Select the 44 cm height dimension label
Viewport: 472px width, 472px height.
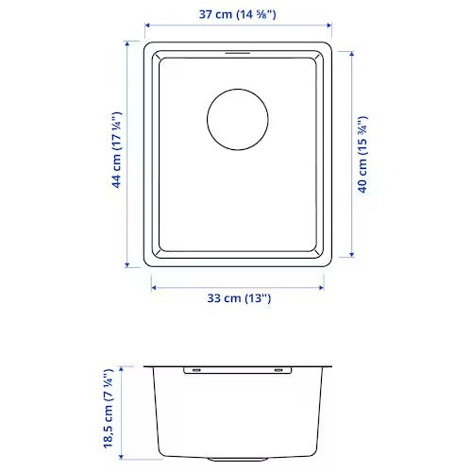(x=116, y=150)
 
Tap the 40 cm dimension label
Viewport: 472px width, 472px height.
(x=363, y=154)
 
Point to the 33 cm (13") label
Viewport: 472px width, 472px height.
(x=239, y=298)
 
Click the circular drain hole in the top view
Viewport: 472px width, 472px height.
(x=238, y=118)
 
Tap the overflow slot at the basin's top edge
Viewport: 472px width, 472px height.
(x=238, y=56)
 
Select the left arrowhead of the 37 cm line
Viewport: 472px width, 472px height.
(x=147, y=27)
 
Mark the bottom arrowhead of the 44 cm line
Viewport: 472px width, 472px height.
(x=130, y=262)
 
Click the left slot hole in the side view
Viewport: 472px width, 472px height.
(x=193, y=370)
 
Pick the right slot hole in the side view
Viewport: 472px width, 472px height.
(x=282, y=370)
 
